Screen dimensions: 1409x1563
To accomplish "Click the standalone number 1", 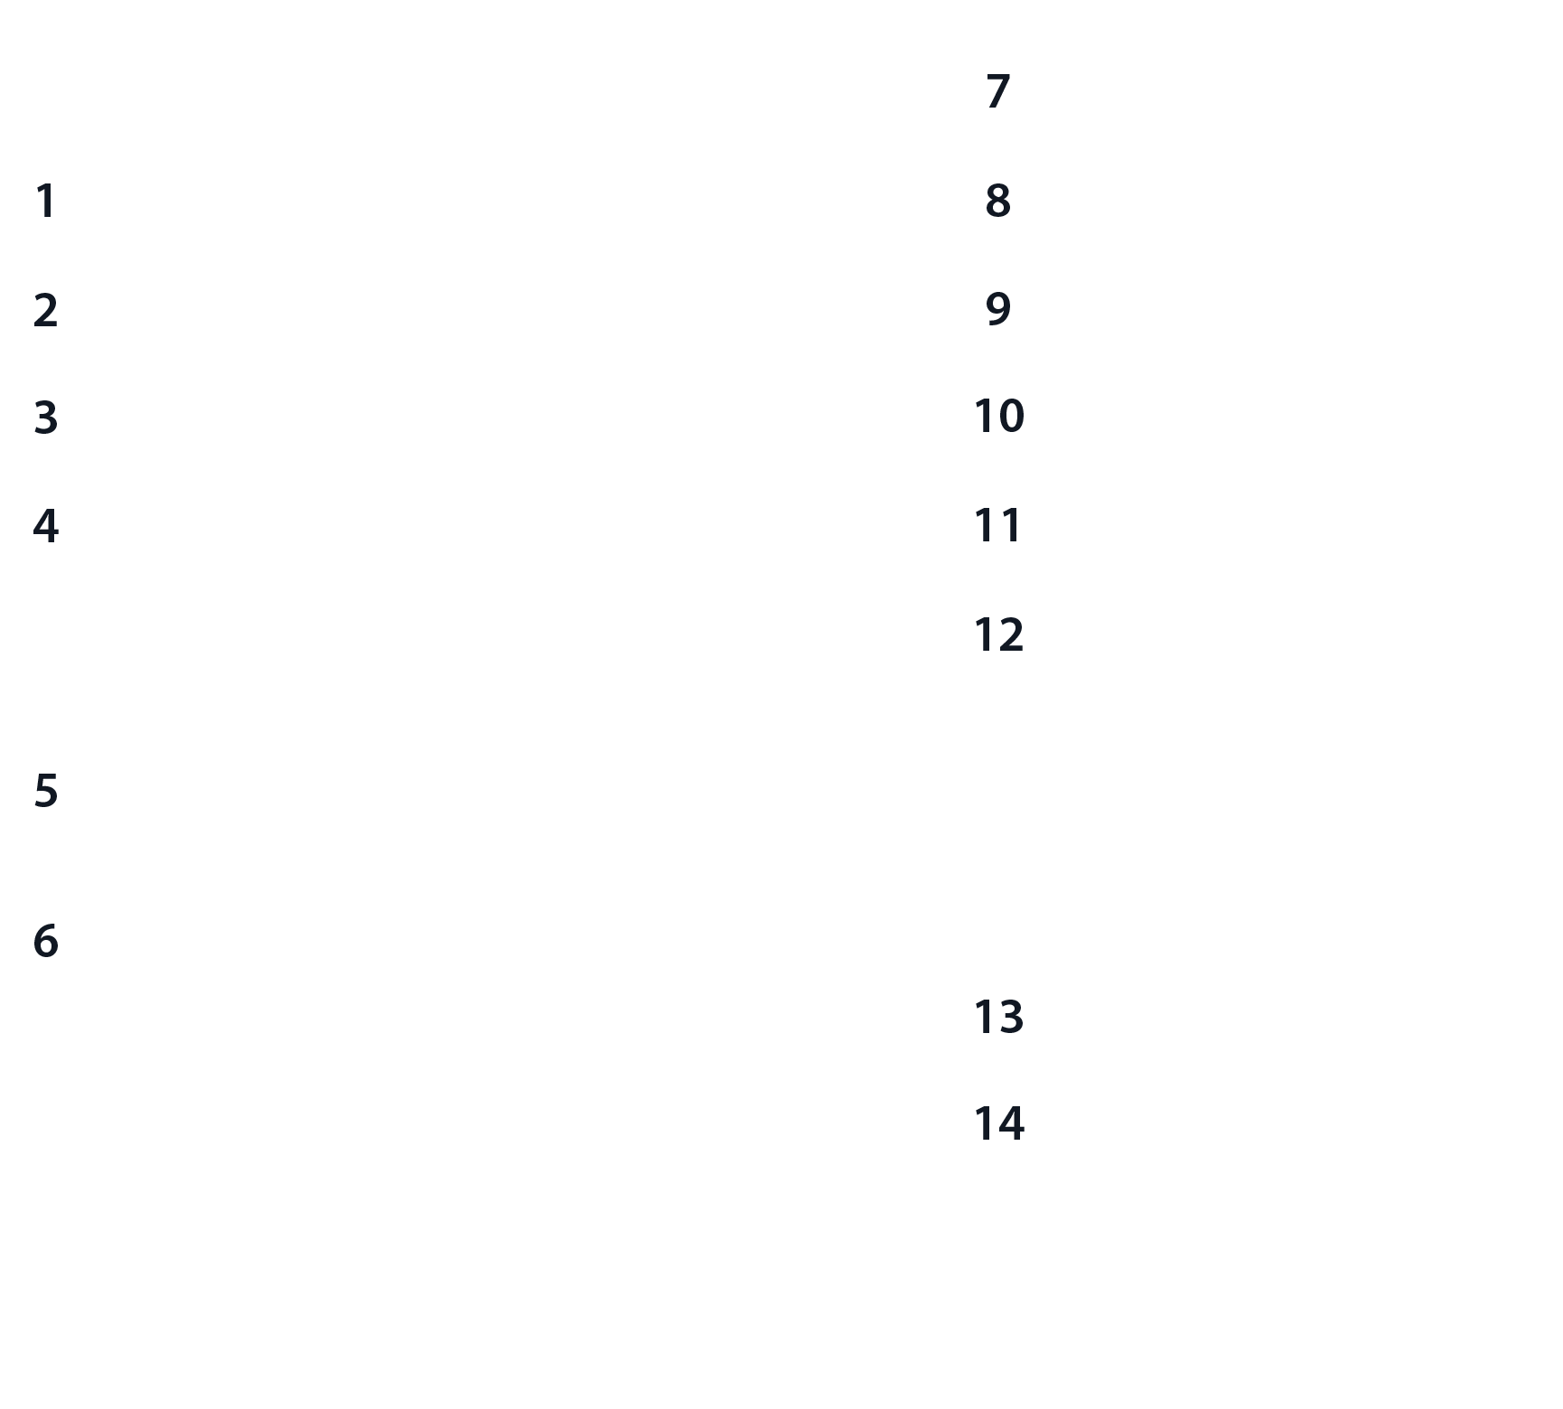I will tap(45, 201).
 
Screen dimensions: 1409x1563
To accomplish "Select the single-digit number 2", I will tap(45, 310).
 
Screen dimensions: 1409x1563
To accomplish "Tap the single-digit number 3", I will tap(46, 418).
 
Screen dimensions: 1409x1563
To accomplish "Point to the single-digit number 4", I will tap(46, 526).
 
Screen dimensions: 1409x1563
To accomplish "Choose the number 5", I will tap(46, 791).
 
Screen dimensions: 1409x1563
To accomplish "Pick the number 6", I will tap(46, 941).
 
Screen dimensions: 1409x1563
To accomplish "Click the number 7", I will tap(997, 91).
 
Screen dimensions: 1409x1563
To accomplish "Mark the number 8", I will tap(997, 201).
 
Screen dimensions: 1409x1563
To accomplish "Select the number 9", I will tap(997, 309).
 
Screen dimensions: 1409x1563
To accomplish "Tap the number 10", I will tap(998, 417).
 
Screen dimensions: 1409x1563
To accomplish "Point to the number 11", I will tap(998, 526).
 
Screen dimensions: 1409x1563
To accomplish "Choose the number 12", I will tap(998, 635).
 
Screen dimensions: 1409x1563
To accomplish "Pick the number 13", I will tap(998, 1017).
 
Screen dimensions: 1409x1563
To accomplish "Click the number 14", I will tap(998, 1124).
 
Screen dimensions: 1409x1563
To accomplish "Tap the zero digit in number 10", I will tap(1011, 417).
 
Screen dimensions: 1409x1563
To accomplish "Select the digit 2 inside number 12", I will tap(1011, 635).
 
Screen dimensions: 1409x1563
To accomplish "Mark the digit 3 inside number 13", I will tap(1011, 1017).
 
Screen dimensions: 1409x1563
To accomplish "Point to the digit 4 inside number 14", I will tap(1011, 1124).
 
